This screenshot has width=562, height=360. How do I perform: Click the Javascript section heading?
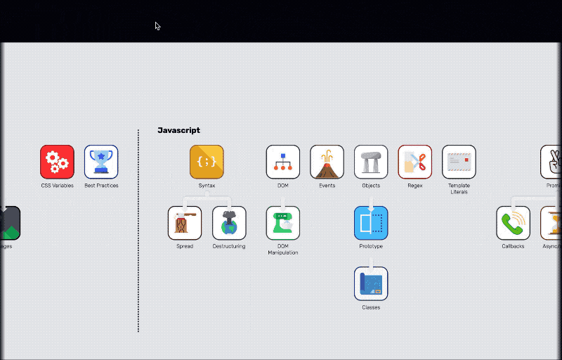point(178,130)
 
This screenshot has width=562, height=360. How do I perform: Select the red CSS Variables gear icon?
point(57,162)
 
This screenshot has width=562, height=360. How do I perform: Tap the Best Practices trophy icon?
point(101,162)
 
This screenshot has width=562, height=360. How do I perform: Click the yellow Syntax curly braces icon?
point(207,162)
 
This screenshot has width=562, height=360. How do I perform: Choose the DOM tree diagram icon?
point(283,162)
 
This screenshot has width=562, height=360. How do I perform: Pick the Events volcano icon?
point(327,162)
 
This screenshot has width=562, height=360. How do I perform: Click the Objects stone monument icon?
point(371,162)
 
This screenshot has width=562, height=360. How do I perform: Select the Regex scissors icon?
point(414,162)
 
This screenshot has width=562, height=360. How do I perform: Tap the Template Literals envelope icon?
point(459,162)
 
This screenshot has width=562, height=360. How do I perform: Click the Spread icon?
point(185,223)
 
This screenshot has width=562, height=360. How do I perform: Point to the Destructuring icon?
point(229,223)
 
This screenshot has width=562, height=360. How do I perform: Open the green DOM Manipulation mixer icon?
point(283,223)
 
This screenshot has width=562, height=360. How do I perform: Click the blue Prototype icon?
point(371,223)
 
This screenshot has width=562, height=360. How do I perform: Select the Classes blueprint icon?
point(371,283)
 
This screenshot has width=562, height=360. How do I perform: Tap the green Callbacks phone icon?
point(513,223)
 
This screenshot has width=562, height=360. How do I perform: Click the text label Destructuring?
point(229,246)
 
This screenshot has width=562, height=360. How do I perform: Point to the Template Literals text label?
point(459,188)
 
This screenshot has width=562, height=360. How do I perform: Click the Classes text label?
point(371,307)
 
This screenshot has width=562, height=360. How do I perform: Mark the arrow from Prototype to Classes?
point(371,261)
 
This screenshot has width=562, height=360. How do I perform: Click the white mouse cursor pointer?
point(157,26)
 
